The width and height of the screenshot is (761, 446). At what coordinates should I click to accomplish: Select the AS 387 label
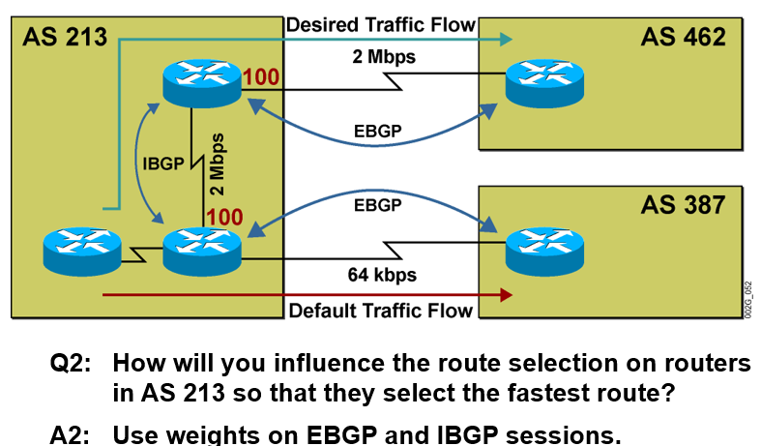click(x=683, y=204)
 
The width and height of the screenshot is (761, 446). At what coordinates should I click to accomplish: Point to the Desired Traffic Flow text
click(x=381, y=23)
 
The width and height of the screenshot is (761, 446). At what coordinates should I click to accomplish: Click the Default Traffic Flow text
click(x=381, y=311)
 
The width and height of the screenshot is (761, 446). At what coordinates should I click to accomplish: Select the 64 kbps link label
click(x=382, y=275)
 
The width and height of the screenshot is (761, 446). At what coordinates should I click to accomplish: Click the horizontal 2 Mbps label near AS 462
click(x=382, y=57)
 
